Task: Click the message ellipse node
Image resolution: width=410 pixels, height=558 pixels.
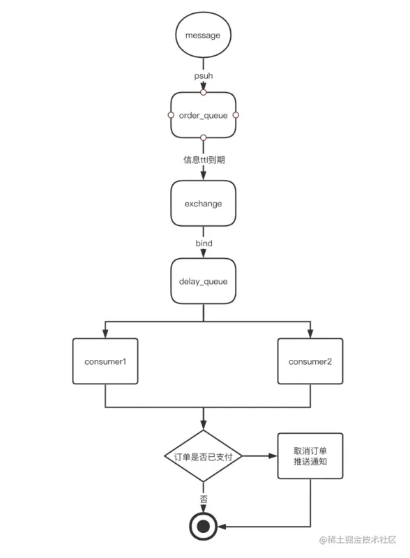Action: pos(203,35)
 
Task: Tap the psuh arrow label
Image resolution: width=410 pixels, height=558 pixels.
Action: pos(203,76)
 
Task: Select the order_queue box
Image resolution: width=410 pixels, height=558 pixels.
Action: pos(203,115)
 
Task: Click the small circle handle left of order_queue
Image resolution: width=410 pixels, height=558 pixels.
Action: pos(171,115)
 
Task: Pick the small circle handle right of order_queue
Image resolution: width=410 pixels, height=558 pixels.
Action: pos(236,115)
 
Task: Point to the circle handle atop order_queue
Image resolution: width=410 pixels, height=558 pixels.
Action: pos(203,92)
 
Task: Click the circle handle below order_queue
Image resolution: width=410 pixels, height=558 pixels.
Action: pos(203,137)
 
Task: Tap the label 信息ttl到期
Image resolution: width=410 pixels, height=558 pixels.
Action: pos(204,160)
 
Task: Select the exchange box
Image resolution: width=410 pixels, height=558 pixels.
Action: pos(203,203)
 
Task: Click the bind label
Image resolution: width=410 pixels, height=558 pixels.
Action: pos(204,243)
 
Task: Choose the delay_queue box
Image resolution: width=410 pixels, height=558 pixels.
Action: pos(203,281)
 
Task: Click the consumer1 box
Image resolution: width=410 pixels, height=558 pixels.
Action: pos(105,361)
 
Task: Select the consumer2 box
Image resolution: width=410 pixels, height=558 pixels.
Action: pos(310,361)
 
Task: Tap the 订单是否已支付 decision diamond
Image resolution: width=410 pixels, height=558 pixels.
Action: pos(203,456)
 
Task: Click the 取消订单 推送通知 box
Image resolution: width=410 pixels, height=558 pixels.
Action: pos(310,456)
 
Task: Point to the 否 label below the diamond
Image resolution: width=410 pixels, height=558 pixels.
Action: pos(204,499)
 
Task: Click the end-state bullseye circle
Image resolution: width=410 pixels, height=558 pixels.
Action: pos(203,527)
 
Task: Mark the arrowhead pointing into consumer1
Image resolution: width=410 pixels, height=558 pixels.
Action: pos(105,333)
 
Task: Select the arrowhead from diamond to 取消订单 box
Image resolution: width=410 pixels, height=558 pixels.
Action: pos(273,456)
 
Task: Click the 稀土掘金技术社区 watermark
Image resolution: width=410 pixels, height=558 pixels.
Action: pos(358,540)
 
